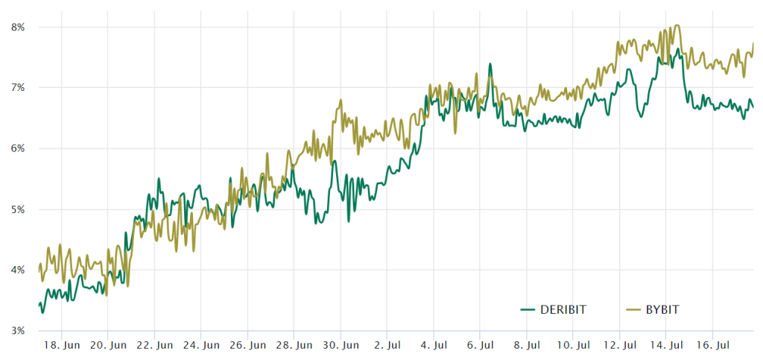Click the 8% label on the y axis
[x=18, y=28]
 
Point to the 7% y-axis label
[x=18, y=88]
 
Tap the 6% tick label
[x=18, y=148]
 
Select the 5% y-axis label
[x=18, y=209]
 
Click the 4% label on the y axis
[x=18, y=270]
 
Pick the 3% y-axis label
[x=18, y=330]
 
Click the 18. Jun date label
[x=61, y=346]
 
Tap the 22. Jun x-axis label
[x=154, y=346]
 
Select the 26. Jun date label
[x=247, y=346]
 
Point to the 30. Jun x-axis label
[x=341, y=346]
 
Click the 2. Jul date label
[x=387, y=346]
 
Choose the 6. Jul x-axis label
[x=480, y=346]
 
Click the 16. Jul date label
[x=712, y=346]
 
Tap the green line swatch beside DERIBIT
[x=528, y=309]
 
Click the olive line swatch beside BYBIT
[x=634, y=309]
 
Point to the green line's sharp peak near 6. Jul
[x=490, y=64]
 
